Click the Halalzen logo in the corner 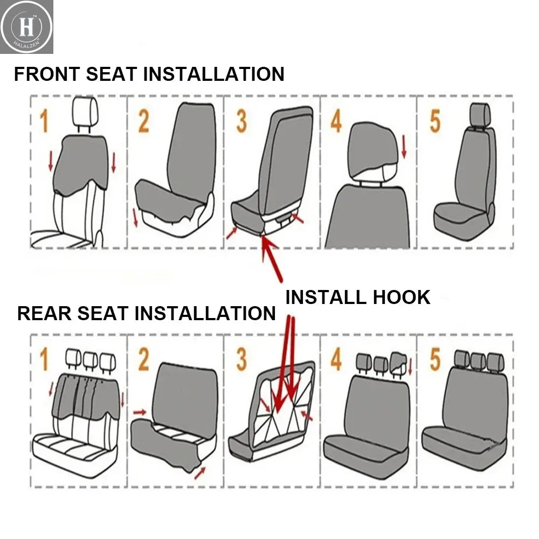(x=27, y=27)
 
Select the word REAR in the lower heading (x=44, y=313)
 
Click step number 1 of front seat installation (x=44, y=121)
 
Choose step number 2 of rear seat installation (x=143, y=360)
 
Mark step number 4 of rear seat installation (x=336, y=360)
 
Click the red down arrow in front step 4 (x=404, y=147)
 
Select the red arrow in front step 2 (x=134, y=217)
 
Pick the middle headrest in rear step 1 (x=90, y=358)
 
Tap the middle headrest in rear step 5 (x=478, y=360)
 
